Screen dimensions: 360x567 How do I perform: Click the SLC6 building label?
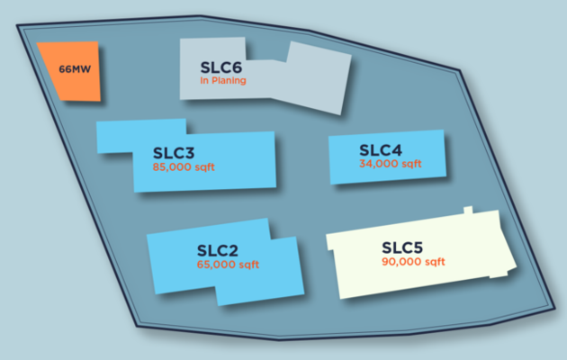221,67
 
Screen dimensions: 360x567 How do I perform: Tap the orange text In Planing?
223,81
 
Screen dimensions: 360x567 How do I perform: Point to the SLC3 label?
174,153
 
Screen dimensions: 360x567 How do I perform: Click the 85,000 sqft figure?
184,167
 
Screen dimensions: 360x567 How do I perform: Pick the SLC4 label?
381,149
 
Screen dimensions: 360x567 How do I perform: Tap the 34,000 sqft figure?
390,164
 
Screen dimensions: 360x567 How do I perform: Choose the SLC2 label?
217,251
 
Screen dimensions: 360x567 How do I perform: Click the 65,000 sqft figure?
228,265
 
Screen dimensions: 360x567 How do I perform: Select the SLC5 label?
403,247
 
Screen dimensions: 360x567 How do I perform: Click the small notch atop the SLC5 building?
467,211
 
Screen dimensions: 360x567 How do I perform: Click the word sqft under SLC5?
434,262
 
